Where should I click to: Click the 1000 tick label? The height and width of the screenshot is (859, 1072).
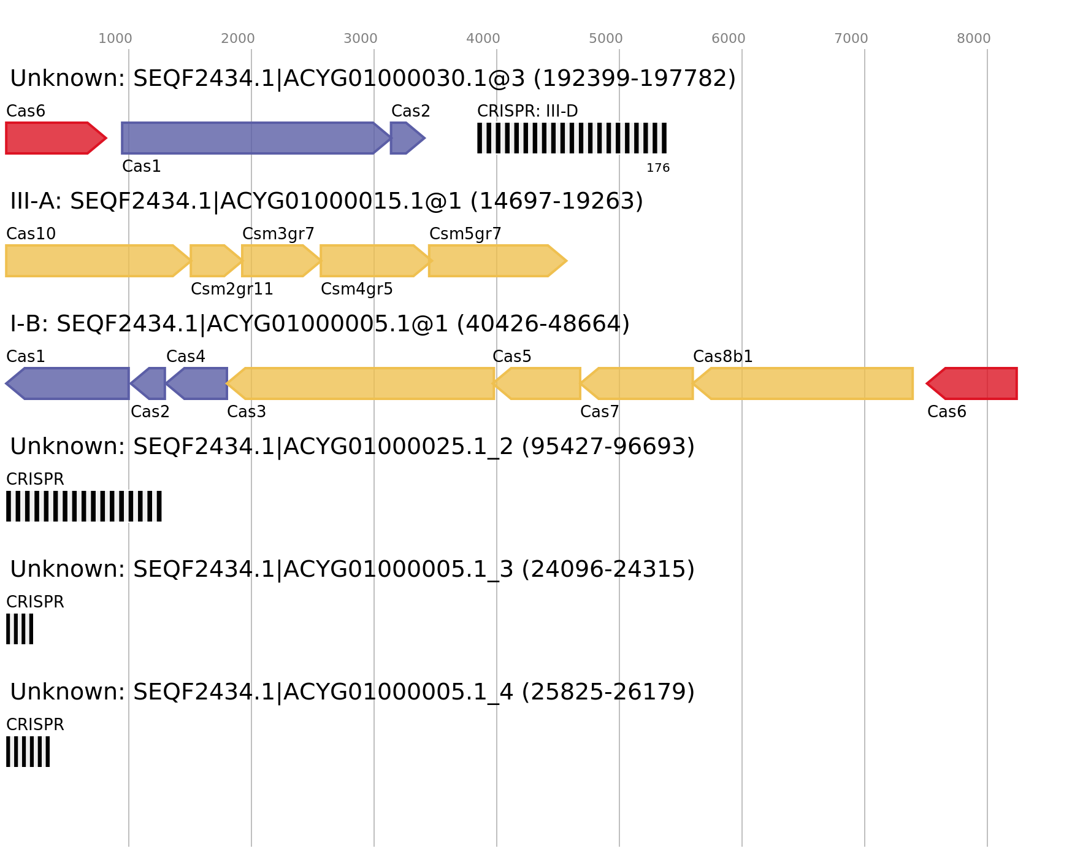(x=115, y=39)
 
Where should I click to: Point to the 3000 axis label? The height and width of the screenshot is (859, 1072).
(x=361, y=39)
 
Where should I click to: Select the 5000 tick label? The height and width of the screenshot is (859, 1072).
(x=606, y=39)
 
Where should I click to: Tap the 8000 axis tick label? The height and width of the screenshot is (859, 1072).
(x=974, y=39)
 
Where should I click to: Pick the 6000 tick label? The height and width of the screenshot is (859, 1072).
(x=729, y=39)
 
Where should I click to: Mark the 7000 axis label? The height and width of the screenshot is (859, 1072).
(x=851, y=39)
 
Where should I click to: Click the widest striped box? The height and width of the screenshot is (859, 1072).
(x=572, y=138)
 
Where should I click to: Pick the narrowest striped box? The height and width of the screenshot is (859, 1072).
(x=20, y=629)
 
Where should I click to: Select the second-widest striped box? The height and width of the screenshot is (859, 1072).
(x=84, y=506)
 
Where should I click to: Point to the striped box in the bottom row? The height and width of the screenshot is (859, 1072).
(x=28, y=752)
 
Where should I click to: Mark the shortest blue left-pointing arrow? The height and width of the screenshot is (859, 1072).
(x=148, y=383)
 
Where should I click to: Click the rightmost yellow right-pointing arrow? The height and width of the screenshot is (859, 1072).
(x=497, y=261)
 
